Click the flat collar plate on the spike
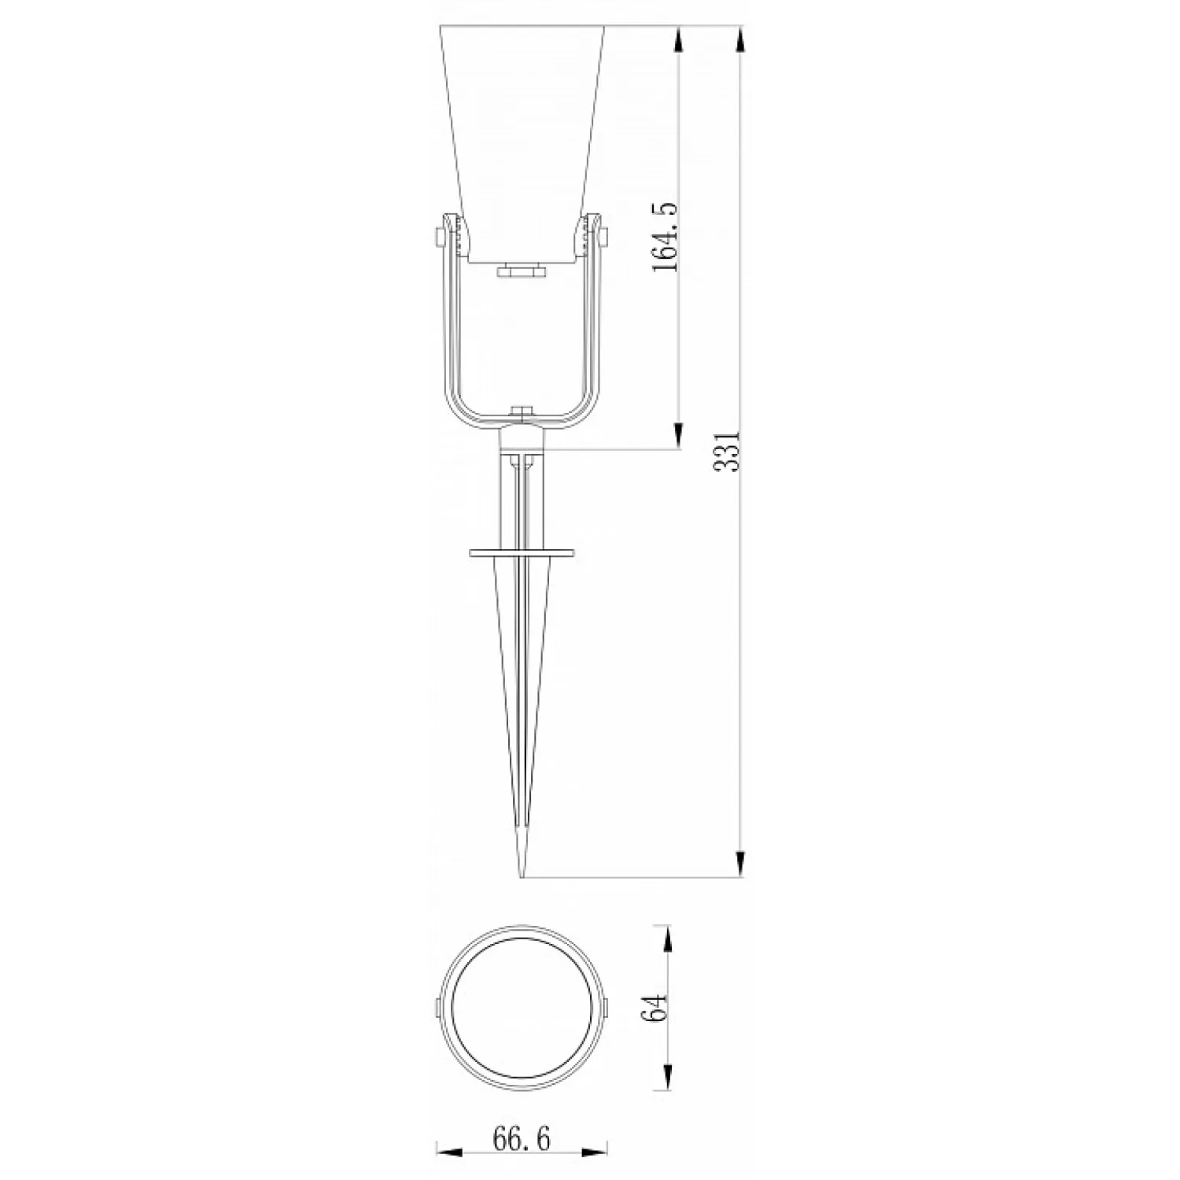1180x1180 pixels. coord(522,553)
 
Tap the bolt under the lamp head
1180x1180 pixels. coord(522,271)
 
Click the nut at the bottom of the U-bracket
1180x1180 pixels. coord(522,411)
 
